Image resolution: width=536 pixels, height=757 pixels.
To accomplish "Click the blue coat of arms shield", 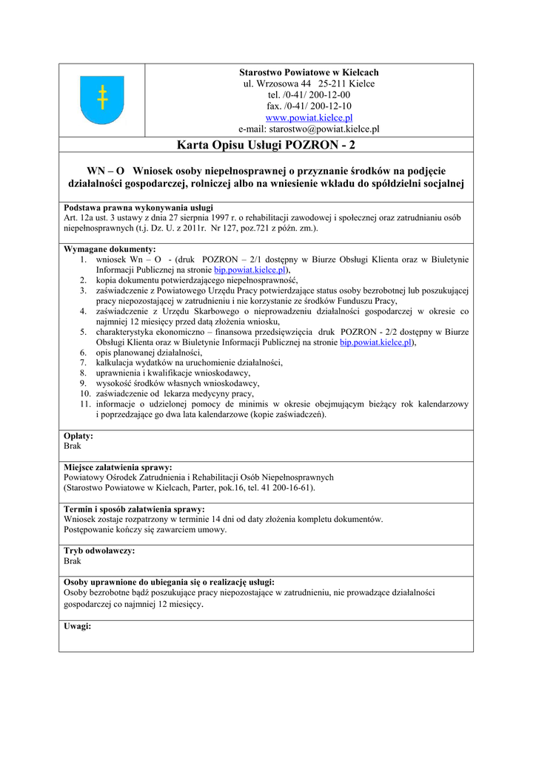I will coord(101,100).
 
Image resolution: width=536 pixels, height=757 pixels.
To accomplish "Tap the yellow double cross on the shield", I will coord(102,97).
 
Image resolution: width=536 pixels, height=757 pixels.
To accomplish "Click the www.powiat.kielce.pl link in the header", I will coord(309,118).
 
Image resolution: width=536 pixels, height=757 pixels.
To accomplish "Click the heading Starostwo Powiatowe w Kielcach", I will coord(309,72).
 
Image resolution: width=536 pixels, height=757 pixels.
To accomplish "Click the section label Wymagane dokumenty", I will coord(110,249).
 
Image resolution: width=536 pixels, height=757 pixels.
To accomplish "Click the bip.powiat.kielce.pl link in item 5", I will coord(375,342).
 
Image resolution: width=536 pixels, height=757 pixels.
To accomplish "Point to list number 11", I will coord(84,404).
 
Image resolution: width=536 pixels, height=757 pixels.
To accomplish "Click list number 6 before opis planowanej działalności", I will coord(84,353).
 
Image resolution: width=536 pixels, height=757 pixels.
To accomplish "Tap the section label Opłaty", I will coord(78,436).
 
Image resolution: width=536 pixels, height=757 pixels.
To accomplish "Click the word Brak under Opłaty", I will coord(73,447).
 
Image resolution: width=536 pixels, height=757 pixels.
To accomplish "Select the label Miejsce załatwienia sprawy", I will coord(118,467).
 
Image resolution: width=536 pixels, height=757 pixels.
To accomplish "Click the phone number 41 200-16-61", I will coord(284,488).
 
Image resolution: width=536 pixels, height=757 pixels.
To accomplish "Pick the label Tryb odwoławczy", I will coord(99,551).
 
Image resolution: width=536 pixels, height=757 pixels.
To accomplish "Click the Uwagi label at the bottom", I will coord(78,625).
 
